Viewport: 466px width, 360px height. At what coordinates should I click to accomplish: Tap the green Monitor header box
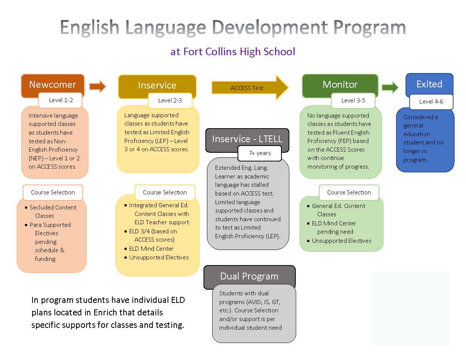(x=340, y=84)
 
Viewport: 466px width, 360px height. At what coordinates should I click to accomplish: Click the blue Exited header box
(x=429, y=84)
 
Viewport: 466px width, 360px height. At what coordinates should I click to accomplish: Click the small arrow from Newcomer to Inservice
(x=98, y=87)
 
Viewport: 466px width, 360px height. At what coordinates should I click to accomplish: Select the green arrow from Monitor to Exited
(x=390, y=87)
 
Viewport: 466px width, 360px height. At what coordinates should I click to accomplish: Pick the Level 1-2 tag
(x=61, y=100)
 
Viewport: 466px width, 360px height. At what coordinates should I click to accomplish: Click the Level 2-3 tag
(x=170, y=101)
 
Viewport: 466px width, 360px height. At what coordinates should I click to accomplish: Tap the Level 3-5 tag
(x=353, y=101)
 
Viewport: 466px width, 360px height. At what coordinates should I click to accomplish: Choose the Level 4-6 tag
(x=431, y=101)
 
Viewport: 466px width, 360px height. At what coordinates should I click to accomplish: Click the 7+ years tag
(x=259, y=153)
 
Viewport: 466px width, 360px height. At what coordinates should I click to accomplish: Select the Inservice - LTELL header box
(x=247, y=139)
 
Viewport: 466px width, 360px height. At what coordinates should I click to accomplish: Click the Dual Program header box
(x=249, y=276)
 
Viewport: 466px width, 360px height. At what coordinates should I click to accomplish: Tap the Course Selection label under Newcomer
(x=53, y=192)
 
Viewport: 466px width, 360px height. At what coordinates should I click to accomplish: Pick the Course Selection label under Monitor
(x=349, y=192)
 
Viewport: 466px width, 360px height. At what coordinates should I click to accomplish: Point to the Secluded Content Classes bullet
(x=53, y=211)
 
